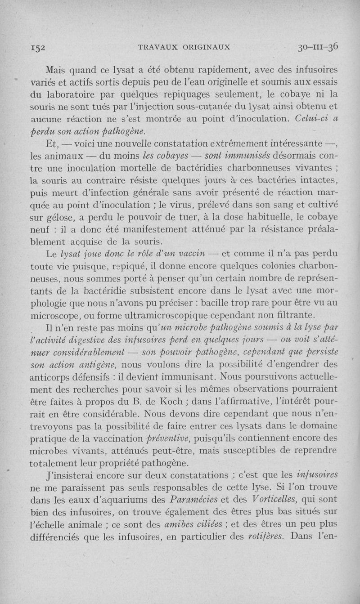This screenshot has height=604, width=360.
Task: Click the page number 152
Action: pyautogui.click(x=33, y=48)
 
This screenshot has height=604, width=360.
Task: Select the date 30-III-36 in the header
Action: pyautogui.click(x=318, y=46)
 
